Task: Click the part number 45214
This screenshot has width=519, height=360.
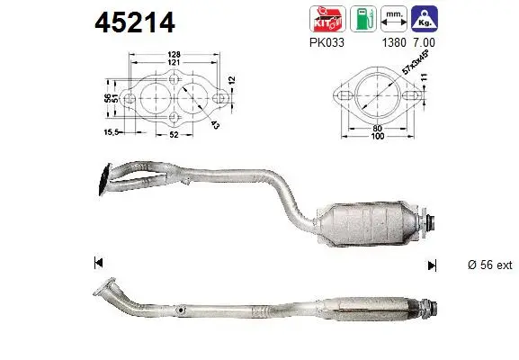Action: point(135,22)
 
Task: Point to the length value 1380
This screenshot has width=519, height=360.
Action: point(392,42)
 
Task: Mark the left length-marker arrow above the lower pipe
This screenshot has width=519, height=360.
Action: point(97,264)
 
